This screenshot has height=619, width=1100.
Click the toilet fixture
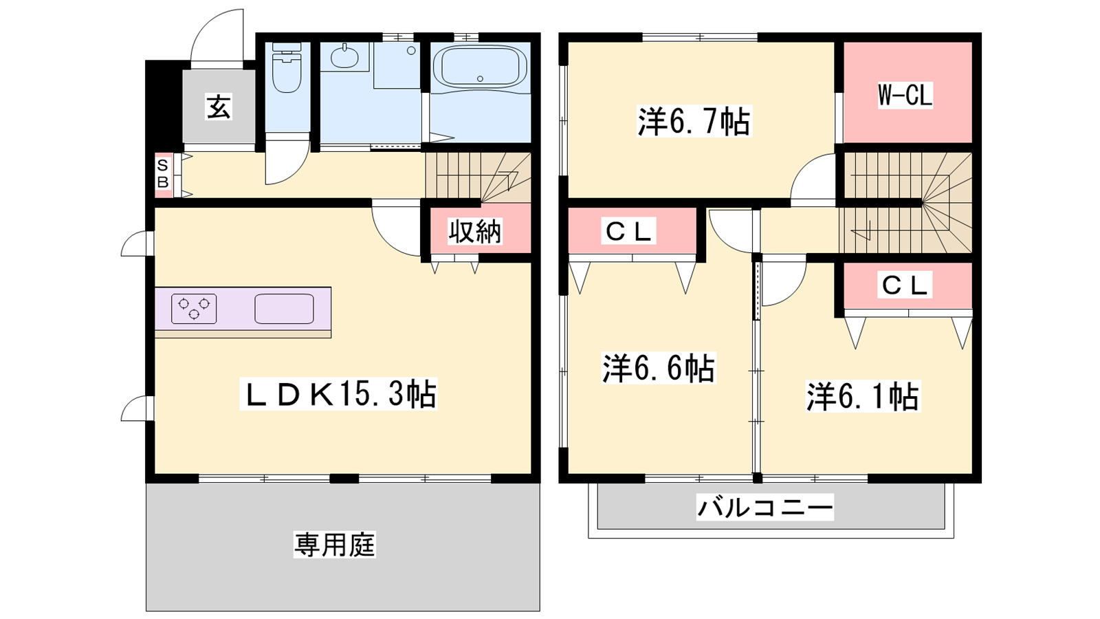(286, 68)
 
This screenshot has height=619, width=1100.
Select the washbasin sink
(344, 57)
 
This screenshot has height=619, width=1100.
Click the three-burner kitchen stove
(194, 309)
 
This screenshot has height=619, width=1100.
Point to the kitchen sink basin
(285, 309)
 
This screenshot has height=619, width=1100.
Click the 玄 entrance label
(219, 107)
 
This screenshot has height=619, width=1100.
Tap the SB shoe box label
(162, 173)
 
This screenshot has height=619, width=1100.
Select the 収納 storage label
(475, 231)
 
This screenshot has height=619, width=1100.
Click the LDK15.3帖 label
(338, 393)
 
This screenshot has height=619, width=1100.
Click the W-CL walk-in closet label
(905, 96)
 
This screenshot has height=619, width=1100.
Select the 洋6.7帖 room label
(694, 121)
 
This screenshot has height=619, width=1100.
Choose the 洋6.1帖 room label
(863, 396)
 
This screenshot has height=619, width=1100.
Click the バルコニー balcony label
(765, 507)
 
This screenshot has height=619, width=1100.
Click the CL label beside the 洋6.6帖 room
(629, 231)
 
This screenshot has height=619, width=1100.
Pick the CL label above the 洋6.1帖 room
(905, 285)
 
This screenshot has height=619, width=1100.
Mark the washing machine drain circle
(412, 51)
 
